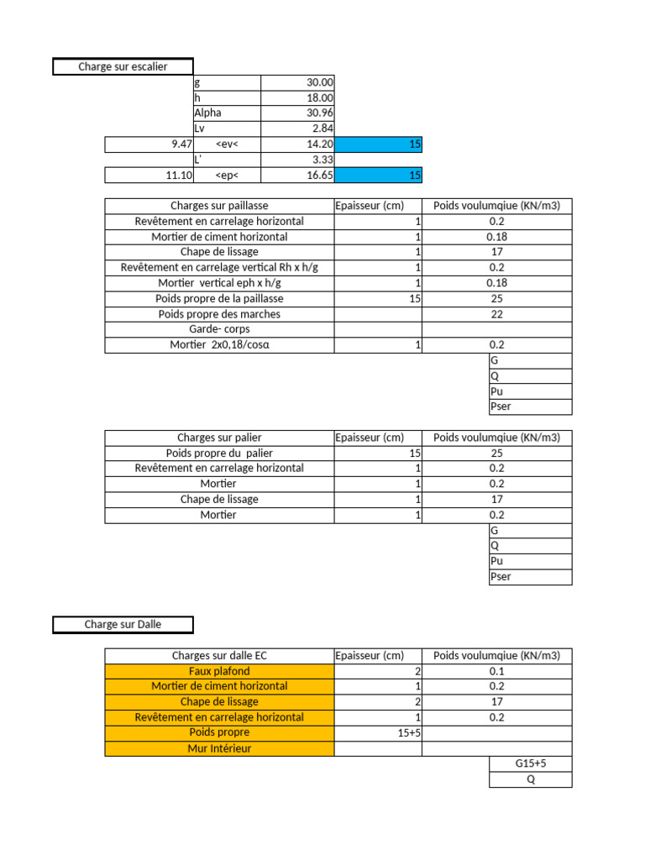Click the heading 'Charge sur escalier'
click(123, 67)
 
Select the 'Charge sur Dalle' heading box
click(123, 625)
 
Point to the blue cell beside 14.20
click(378, 144)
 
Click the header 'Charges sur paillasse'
click(219, 206)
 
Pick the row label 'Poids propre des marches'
click(219, 314)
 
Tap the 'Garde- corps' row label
click(219, 329)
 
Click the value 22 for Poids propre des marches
click(496, 314)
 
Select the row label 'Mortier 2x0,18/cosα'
click(219, 345)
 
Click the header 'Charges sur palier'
click(219, 438)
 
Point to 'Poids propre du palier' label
click(219, 454)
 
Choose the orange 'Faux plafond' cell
click(219, 671)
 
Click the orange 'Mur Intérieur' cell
click(219, 748)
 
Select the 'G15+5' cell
click(530, 764)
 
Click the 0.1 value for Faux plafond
click(496, 671)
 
